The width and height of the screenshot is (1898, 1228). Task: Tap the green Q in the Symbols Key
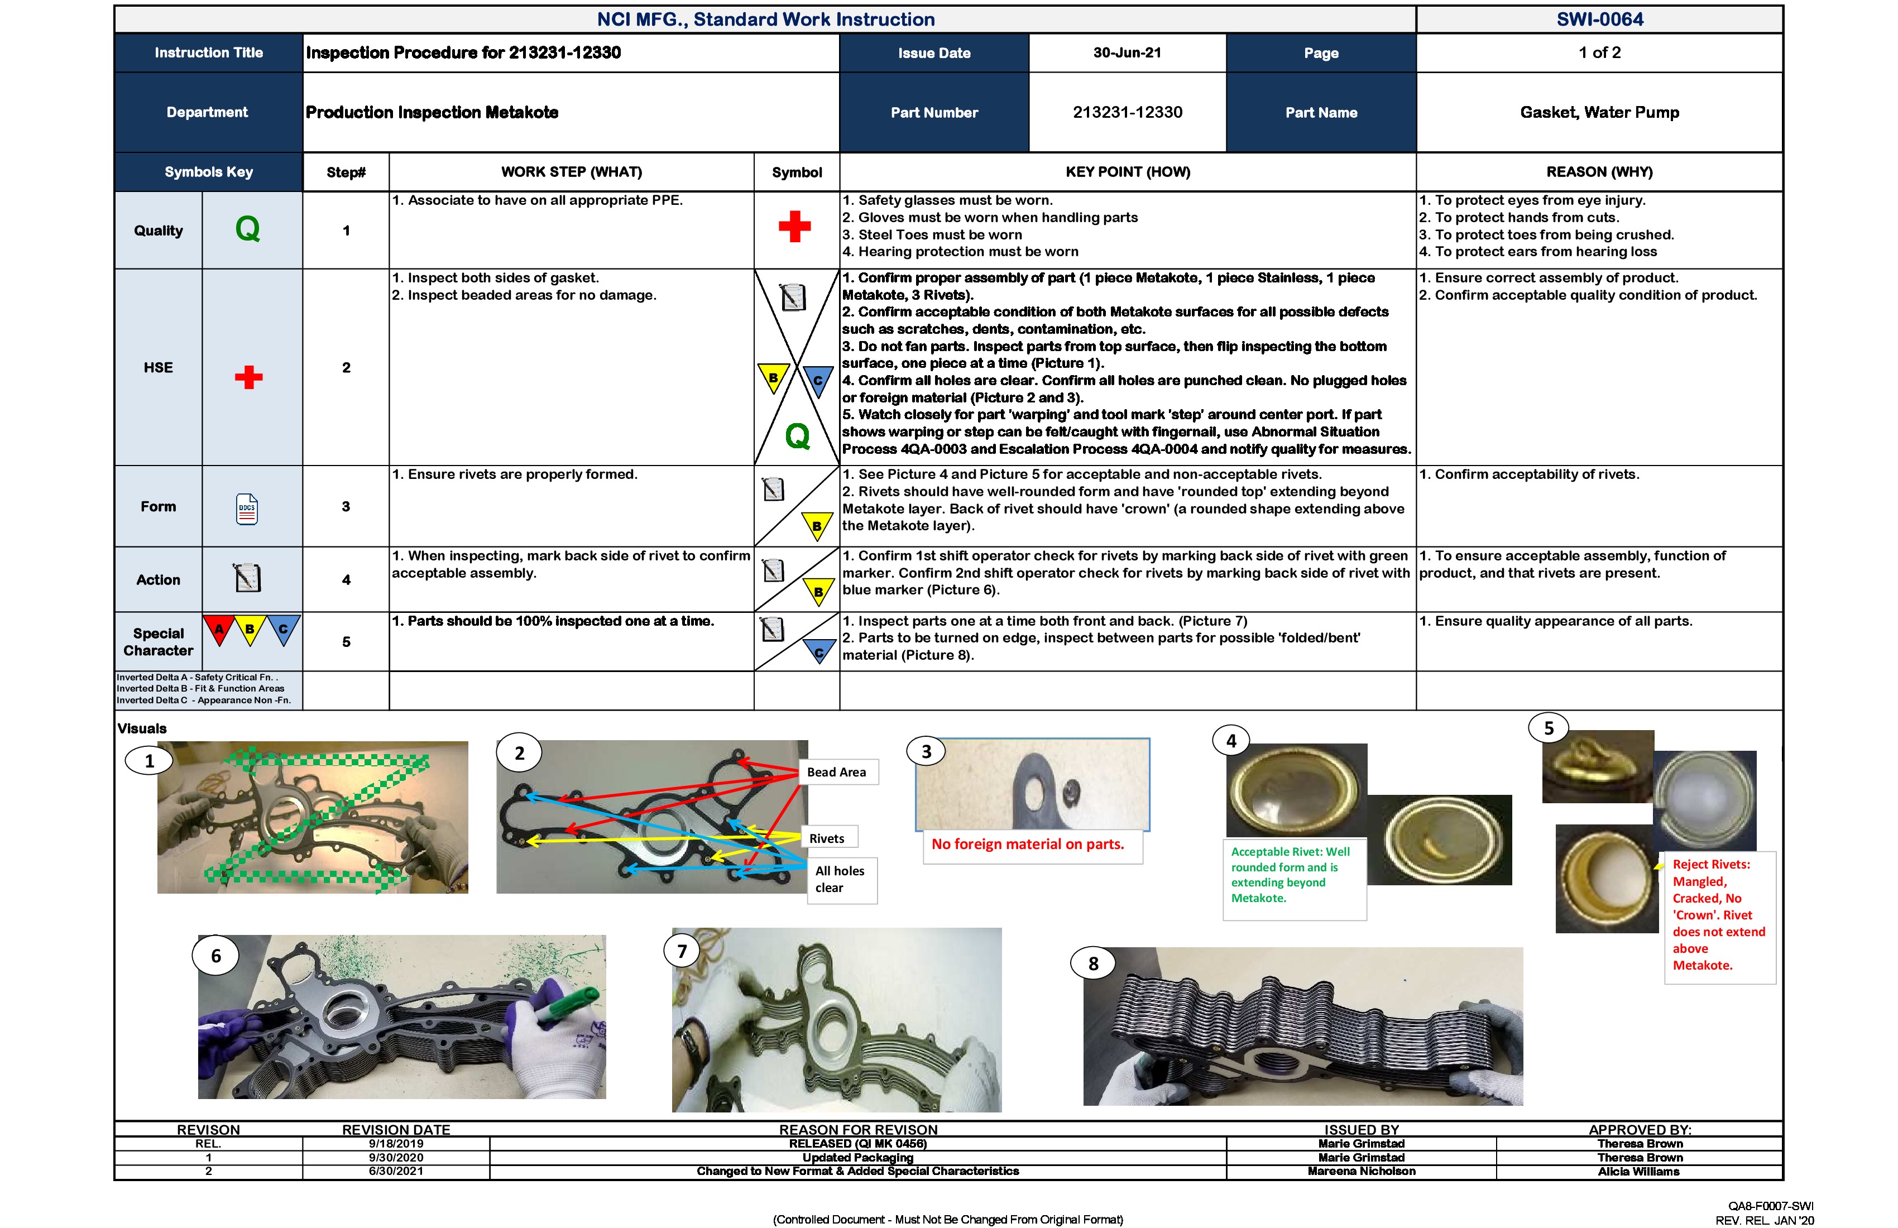click(x=248, y=229)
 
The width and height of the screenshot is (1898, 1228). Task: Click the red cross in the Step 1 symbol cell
click(x=794, y=227)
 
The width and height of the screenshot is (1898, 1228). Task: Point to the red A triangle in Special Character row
click(x=218, y=629)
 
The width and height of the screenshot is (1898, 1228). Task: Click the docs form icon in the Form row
click(x=247, y=509)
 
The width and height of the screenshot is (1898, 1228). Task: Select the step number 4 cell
click(x=346, y=580)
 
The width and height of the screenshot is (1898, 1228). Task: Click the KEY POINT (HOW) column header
click(x=1128, y=172)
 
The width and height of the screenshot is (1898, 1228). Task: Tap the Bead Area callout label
click(x=837, y=772)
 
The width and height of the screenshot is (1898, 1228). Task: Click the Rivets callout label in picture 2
click(x=827, y=838)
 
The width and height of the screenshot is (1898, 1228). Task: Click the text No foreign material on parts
click(x=1028, y=845)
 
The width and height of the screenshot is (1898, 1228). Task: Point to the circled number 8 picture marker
click(x=1094, y=963)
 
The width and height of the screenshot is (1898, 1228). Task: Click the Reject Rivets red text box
click(x=1719, y=915)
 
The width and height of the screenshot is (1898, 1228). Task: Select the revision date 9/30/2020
click(x=396, y=1157)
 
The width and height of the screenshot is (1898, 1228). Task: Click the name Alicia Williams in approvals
click(x=1639, y=1172)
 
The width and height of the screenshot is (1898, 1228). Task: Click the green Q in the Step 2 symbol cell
click(x=798, y=436)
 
